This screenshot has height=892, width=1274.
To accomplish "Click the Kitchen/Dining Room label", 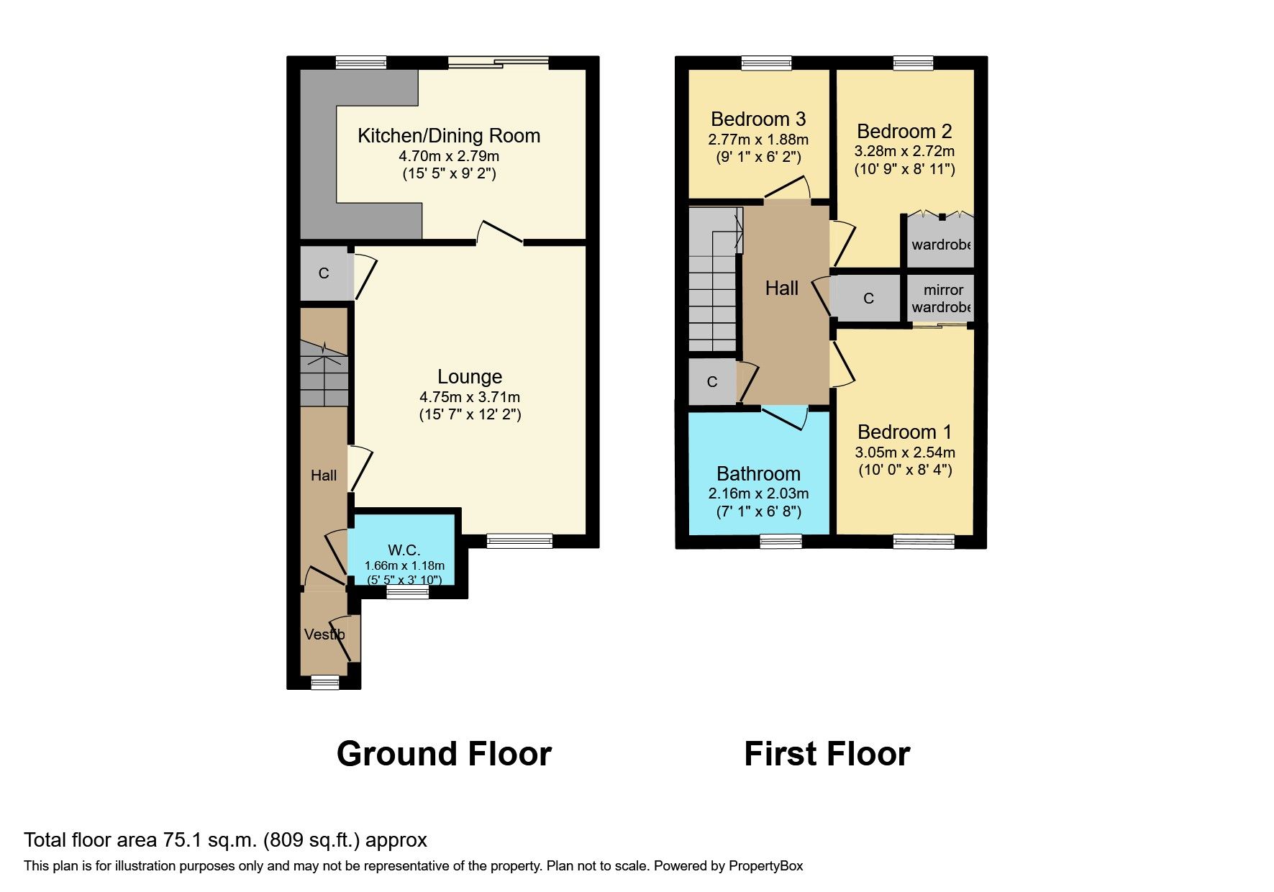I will click(x=449, y=136).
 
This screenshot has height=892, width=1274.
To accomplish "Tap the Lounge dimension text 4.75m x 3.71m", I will click(x=470, y=397).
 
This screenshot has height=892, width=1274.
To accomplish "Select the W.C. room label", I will click(x=404, y=550).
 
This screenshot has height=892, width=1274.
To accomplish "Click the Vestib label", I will click(x=324, y=634).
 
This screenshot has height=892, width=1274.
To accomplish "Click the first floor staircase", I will click(x=713, y=281).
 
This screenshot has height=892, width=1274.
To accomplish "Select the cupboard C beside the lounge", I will click(x=324, y=273).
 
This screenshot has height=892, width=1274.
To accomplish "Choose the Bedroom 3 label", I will click(x=758, y=119).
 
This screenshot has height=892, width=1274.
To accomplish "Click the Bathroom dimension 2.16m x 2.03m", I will click(x=758, y=493).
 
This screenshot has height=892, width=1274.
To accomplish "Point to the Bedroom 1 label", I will click(x=904, y=432).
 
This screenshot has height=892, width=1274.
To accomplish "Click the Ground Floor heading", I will click(x=444, y=754).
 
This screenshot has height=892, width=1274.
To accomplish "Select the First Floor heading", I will click(x=827, y=754).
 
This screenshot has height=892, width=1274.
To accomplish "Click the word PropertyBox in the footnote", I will click(x=765, y=866).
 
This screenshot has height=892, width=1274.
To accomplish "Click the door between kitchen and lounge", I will click(x=499, y=233).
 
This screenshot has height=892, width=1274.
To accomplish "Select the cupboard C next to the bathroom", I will click(x=712, y=382).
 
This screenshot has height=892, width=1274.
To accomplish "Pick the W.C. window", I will click(x=407, y=591).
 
